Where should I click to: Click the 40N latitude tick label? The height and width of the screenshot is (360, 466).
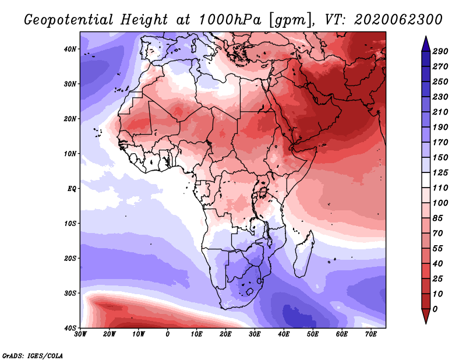tap(70, 49)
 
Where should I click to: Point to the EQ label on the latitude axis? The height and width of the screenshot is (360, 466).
tap(72, 189)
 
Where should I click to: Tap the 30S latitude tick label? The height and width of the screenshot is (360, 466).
tap(70, 293)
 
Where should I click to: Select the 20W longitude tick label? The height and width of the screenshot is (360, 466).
tap(110, 334)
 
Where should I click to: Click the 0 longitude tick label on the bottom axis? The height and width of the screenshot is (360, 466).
tap(168, 334)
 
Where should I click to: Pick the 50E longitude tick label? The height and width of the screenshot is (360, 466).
tap(313, 334)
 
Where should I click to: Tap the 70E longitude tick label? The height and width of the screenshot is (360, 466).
tap(371, 334)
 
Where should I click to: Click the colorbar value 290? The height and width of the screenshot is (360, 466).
tap(440, 51)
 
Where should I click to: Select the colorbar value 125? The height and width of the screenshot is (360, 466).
tap(440, 172)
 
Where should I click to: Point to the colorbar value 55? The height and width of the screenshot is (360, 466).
tap(438, 249)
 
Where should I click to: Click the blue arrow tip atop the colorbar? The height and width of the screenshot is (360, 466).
tap(426, 37)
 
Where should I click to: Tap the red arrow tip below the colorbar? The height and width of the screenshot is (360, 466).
tap(426, 323)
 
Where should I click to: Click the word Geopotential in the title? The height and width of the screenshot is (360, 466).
tap(69, 20)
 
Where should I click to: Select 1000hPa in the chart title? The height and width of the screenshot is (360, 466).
tap(230, 20)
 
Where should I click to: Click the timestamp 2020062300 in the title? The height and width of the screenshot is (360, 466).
tap(398, 20)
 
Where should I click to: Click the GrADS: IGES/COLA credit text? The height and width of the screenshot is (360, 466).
tap(33, 355)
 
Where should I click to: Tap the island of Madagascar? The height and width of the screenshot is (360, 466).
tap(304, 253)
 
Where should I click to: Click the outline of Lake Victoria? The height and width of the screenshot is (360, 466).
tap(263, 193)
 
